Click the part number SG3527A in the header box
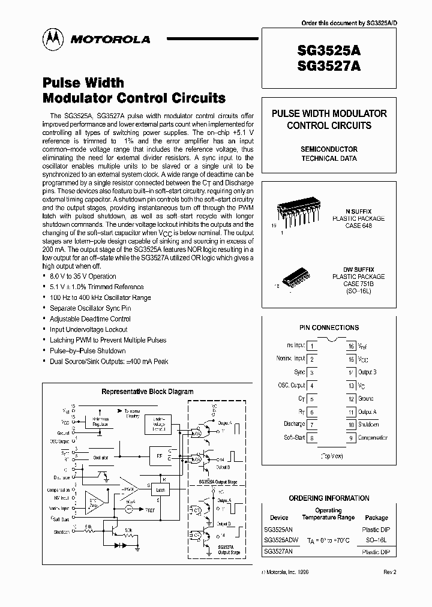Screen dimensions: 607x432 tap(329, 67)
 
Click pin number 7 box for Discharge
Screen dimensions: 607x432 tap(313, 425)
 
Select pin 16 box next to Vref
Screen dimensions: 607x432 tap(350, 346)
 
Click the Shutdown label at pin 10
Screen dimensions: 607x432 tap(368, 425)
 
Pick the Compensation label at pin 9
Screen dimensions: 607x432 tap(373, 438)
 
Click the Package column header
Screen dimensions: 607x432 tap(376, 517)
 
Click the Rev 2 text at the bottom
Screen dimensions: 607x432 tap(390, 572)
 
